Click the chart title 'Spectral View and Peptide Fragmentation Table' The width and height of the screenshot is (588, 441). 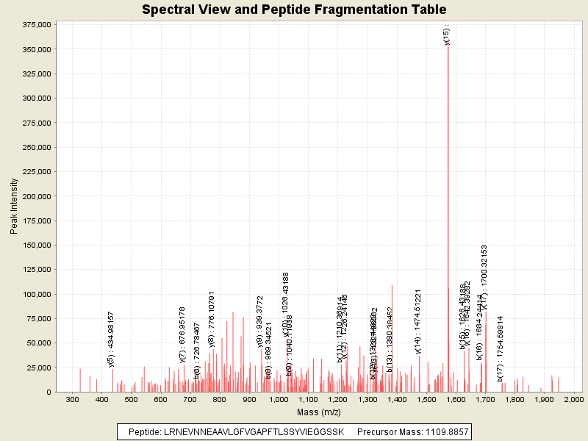(x=294, y=10)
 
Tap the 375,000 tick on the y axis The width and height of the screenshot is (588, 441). (x=35, y=25)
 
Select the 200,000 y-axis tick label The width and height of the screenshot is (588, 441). (x=35, y=196)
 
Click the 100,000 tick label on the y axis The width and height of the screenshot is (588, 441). (x=35, y=294)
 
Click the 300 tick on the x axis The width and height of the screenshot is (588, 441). (x=72, y=399)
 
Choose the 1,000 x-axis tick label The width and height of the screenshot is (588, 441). (x=279, y=399)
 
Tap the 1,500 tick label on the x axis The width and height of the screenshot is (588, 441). (x=426, y=399)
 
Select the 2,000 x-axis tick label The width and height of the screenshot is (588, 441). (x=573, y=399)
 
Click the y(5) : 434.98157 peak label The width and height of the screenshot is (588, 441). (x=111, y=338)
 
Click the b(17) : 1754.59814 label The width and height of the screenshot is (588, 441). (x=500, y=348)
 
